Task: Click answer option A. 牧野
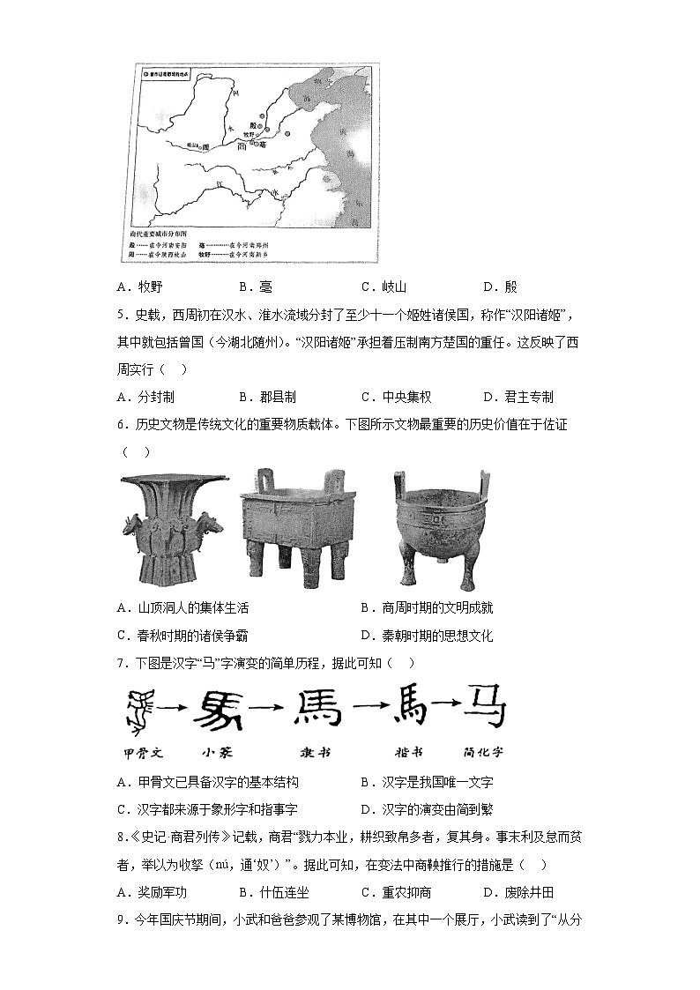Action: point(139,287)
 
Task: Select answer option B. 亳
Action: point(255,287)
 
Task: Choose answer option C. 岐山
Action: point(384,287)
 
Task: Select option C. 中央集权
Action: point(396,397)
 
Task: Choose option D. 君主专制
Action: point(518,397)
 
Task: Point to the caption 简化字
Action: point(481,753)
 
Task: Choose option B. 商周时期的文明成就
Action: point(427,607)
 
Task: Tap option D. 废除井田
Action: point(518,892)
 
